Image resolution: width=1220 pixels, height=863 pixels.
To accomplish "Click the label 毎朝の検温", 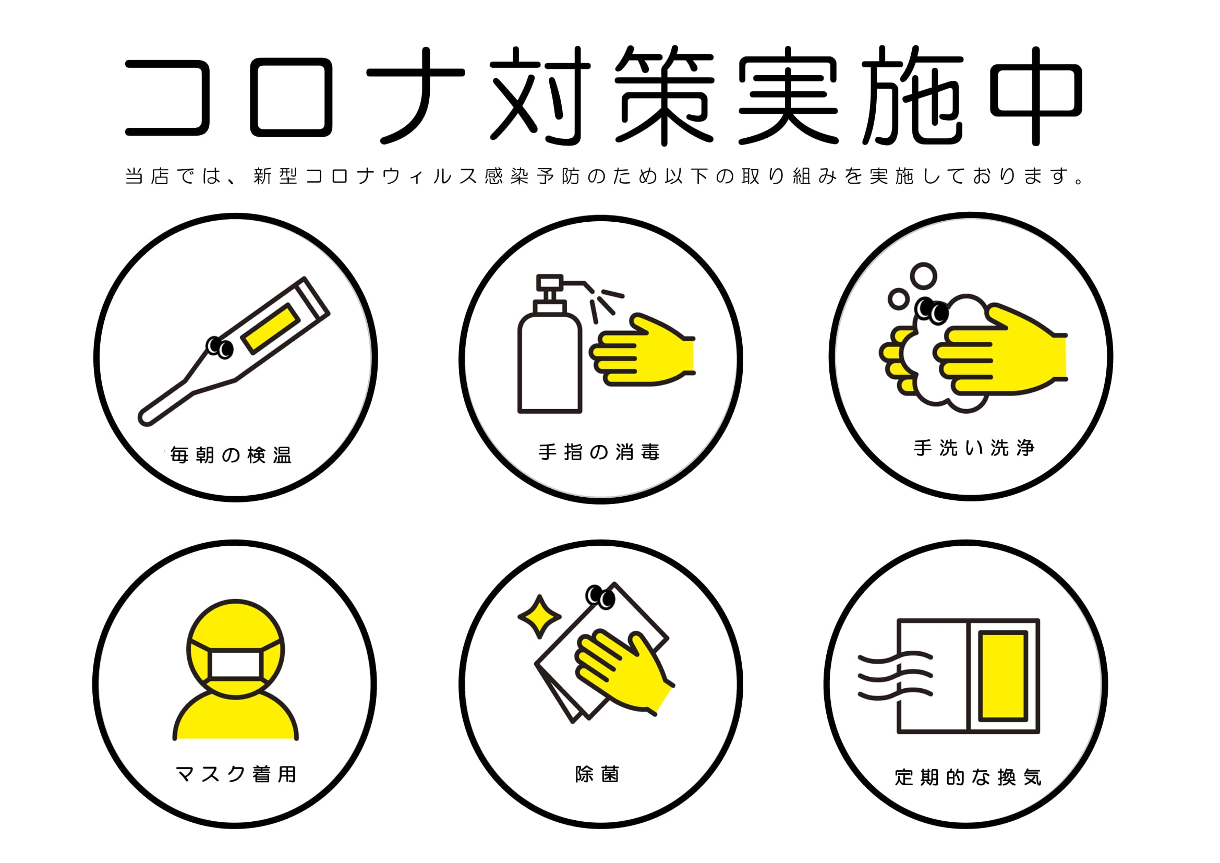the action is point(231,456).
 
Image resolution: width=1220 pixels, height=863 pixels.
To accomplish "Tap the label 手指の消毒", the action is point(599,452).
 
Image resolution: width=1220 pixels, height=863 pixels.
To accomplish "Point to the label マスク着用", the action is point(236,774).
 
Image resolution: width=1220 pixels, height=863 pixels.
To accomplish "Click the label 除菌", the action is point(597,774).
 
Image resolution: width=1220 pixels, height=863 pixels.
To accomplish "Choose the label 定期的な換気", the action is point(968,777).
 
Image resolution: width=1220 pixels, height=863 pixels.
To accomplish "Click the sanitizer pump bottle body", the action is point(550,362).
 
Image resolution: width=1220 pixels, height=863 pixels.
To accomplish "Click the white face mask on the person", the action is point(235,664).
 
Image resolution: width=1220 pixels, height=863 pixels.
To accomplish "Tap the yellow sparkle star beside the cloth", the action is point(539,616).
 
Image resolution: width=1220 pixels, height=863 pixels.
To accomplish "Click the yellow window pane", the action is point(1002,676).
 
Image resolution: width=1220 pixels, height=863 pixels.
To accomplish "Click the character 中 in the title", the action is point(1036,95).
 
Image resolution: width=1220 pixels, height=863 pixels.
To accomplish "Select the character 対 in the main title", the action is point(540,95).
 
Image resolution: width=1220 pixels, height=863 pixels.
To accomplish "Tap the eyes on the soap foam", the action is point(931,310).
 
